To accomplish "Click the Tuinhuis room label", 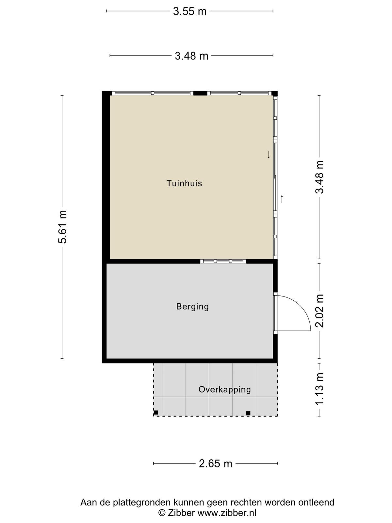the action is [x=184, y=183].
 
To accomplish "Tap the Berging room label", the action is [x=192, y=306].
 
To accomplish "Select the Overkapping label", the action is [x=224, y=390].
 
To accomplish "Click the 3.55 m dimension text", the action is [x=190, y=11].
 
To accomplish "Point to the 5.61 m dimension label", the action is [x=62, y=227].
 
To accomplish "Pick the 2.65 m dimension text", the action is [x=215, y=464].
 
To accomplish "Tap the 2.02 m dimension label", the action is [x=319, y=311].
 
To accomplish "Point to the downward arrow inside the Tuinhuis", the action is [x=269, y=155].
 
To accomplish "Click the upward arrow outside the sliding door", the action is [x=282, y=199].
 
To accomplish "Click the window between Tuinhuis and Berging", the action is [x=223, y=261].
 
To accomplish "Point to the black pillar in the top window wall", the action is [x=200, y=93].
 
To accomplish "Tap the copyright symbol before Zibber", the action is [x=162, y=513].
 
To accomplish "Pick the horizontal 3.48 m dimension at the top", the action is [x=192, y=56].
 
